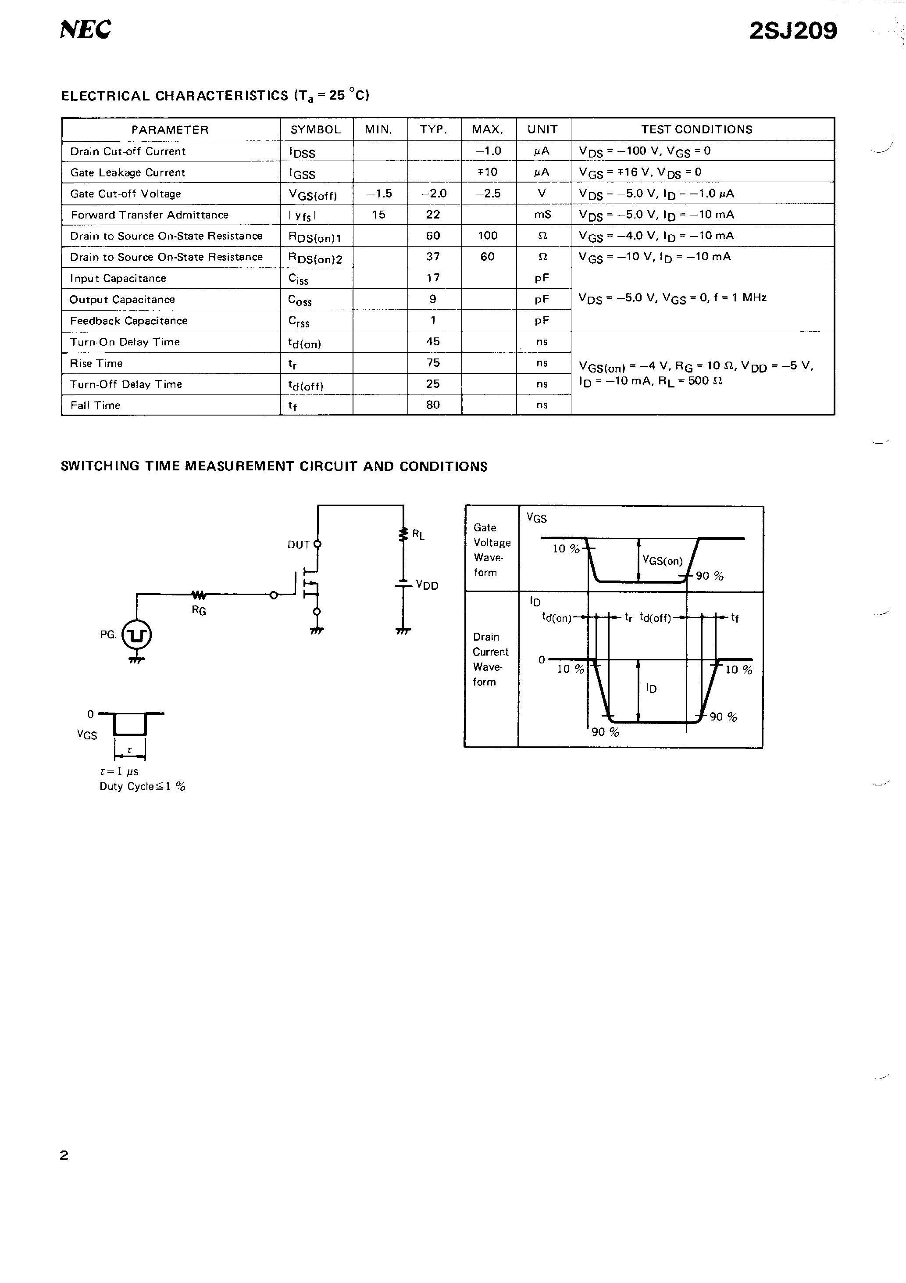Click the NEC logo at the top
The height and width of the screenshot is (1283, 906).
(86, 29)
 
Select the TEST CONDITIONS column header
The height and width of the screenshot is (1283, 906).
(696, 129)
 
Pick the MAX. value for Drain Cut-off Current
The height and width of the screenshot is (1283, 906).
(488, 151)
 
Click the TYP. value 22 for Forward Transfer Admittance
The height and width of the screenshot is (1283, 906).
(433, 215)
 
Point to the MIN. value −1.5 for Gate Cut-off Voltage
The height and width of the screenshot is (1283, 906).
(379, 194)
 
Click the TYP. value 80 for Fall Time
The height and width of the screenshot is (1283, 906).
(433, 405)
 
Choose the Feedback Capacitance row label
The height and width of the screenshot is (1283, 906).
(128, 321)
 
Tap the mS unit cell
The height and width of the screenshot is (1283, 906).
(542, 215)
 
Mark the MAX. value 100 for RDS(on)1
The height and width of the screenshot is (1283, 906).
(488, 236)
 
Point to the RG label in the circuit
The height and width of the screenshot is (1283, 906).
(199, 611)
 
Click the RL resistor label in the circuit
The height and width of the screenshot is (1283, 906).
(418, 535)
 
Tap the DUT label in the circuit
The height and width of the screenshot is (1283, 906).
(298, 545)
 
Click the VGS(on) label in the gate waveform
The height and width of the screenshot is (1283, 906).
(663, 560)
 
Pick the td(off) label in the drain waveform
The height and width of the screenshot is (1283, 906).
(655, 618)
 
